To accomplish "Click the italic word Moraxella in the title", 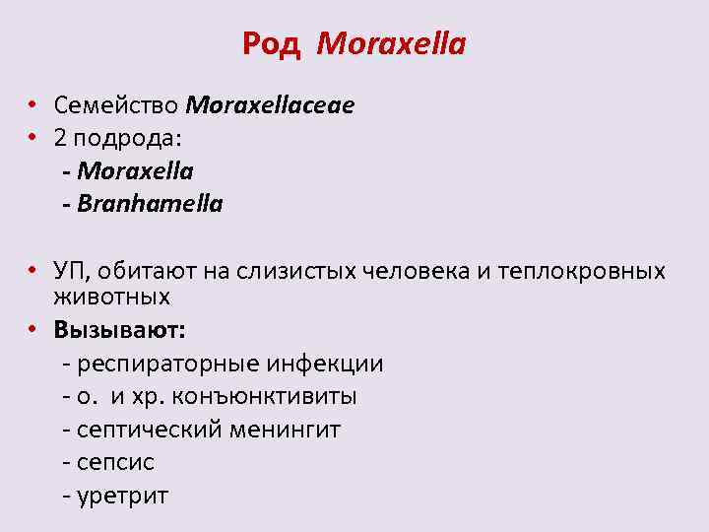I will pyautogui.click(x=392, y=44).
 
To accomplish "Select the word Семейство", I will pyautogui.click(x=116, y=104).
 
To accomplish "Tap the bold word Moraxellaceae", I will pyautogui.click(x=270, y=104).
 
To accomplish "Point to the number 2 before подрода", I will pyautogui.click(x=61, y=138).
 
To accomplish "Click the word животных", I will pyautogui.click(x=112, y=296).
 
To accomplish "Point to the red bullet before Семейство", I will pyautogui.click(x=32, y=104).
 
